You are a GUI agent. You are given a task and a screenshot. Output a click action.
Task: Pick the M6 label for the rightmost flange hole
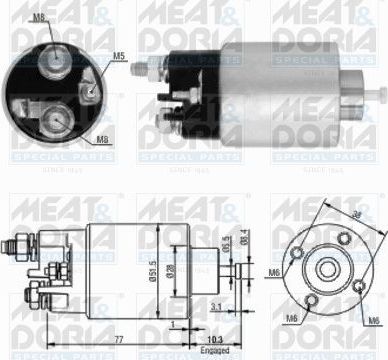coord(372,320)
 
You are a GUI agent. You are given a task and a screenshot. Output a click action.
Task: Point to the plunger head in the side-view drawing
coord(241,270)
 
